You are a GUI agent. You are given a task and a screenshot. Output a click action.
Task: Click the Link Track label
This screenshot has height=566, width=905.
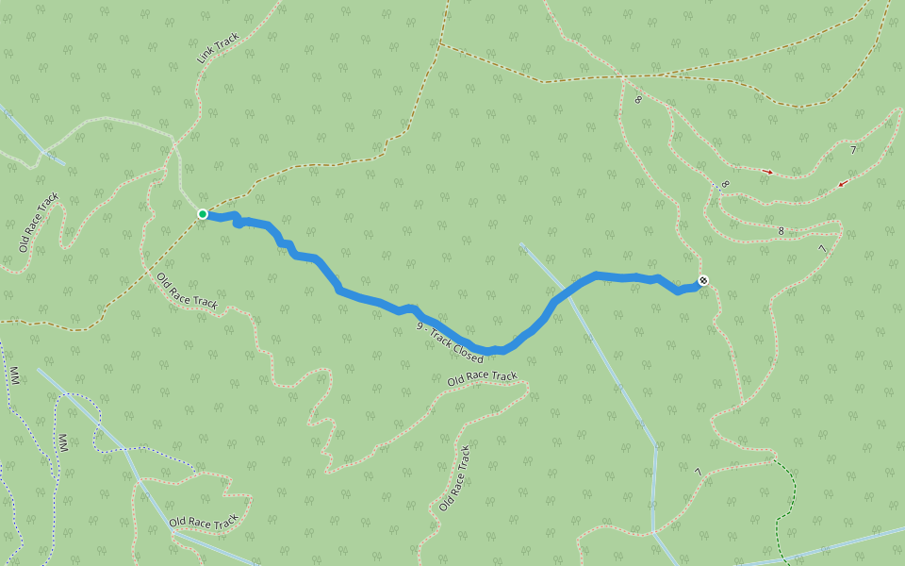(218, 48)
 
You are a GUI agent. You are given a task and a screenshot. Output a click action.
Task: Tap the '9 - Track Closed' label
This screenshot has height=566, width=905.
(450, 342)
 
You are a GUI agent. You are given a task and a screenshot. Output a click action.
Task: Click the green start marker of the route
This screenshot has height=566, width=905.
(203, 214)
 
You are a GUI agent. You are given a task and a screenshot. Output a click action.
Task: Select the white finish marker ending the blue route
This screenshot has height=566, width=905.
(703, 280)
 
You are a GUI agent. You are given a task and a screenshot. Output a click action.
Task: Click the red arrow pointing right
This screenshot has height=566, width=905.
(767, 172)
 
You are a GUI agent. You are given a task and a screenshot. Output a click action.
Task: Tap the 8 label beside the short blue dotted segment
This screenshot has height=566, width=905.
(725, 183)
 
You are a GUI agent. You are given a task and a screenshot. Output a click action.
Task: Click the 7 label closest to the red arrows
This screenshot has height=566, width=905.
(852, 149)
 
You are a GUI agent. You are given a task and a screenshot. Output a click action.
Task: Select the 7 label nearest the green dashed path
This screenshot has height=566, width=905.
(699, 471)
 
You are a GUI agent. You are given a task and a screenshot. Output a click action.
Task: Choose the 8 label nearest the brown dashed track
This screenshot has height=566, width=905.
(639, 98)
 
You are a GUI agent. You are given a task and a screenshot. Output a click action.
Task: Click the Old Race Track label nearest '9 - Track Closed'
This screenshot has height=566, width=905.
(483, 378)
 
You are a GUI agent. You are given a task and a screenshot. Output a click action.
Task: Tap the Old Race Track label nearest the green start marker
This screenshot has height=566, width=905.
(187, 291)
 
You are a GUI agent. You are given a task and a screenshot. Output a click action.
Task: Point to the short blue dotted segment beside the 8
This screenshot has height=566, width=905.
(717, 187)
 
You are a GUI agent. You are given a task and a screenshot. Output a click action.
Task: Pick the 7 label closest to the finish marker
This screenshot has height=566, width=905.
(821, 248)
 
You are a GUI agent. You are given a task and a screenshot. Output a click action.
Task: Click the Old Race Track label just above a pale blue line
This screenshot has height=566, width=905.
(204, 522)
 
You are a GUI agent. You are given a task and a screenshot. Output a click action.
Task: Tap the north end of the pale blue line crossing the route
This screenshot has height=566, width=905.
(520, 244)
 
